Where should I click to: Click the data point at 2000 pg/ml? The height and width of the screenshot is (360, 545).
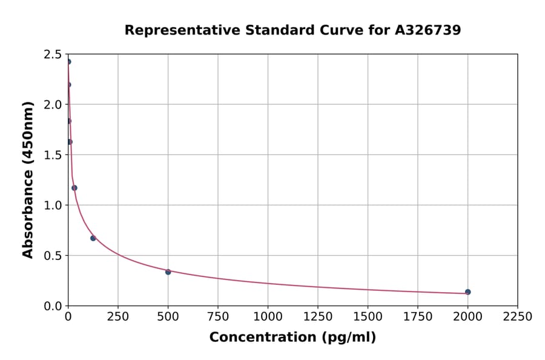point(467,292)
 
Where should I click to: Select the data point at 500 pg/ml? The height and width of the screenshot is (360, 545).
point(168,272)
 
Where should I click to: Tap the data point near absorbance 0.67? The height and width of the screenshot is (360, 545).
point(93,238)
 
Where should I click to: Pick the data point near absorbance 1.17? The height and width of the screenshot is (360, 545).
point(74,188)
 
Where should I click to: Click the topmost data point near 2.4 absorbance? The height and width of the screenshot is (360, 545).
point(68,62)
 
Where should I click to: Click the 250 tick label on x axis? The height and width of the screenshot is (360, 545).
point(118,317)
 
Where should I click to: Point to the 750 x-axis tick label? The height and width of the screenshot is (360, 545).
point(218,317)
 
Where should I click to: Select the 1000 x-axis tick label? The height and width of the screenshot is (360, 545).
point(268,317)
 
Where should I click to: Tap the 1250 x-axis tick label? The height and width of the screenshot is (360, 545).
point(318,317)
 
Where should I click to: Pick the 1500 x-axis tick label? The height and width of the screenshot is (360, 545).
point(368,317)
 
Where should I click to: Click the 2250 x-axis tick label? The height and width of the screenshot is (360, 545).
point(518,317)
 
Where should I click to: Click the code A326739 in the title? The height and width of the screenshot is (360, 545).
point(428,30)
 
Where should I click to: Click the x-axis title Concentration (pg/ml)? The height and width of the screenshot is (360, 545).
point(292,338)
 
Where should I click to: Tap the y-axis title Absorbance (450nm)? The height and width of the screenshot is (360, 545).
point(28,179)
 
